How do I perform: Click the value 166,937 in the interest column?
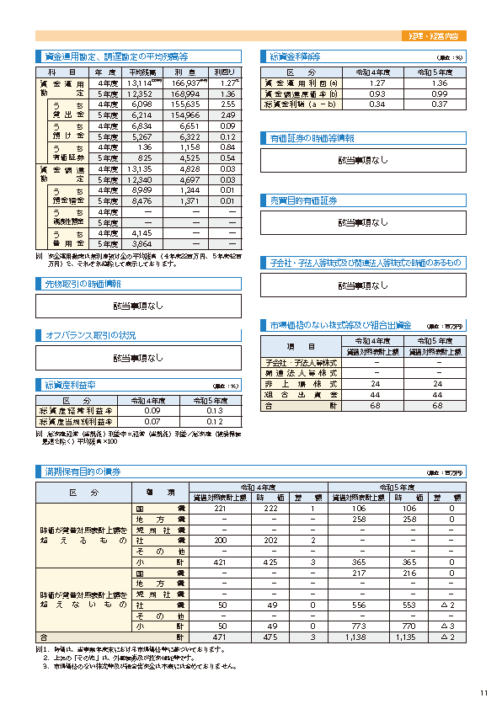pos(188,84)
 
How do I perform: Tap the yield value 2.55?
pos(225,104)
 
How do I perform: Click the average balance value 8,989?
pos(142,191)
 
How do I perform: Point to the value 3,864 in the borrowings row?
pos(142,243)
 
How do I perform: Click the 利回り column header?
pos(224,73)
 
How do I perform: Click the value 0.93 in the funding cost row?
pos(376,94)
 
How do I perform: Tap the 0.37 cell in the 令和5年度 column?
pos(439,104)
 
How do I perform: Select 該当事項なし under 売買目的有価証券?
pos(363,222)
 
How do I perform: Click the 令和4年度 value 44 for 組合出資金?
pos(376,394)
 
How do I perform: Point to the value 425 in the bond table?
pos(270,562)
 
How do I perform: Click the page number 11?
pos(483,693)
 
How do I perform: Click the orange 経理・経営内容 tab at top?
pos(438,37)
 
